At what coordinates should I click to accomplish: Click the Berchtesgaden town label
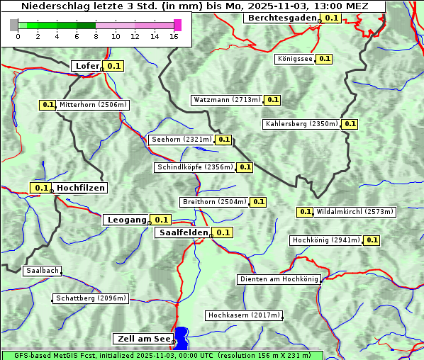click(x=281, y=18)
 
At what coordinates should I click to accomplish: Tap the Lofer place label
click(x=87, y=66)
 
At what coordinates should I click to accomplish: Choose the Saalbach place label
click(x=42, y=271)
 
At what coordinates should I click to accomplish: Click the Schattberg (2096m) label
click(x=91, y=298)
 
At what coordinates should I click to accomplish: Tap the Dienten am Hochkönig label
click(x=279, y=279)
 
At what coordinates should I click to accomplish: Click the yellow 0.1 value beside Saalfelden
click(x=223, y=232)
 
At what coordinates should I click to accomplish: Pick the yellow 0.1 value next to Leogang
click(x=161, y=220)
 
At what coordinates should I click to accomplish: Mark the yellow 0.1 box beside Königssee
click(x=324, y=59)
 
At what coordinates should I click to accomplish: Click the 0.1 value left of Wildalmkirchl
click(x=305, y=212)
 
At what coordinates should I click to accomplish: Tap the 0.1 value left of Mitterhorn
click(x=47, y=105)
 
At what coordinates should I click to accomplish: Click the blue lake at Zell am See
click(x=182, y=337)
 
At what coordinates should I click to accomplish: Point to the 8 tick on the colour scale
click(x=96, y=36)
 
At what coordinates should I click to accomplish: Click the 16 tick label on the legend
click(x=174, y=36)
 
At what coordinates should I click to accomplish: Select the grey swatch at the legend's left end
click(x=14, y=26)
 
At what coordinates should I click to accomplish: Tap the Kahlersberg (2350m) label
click(x=301, y=124)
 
